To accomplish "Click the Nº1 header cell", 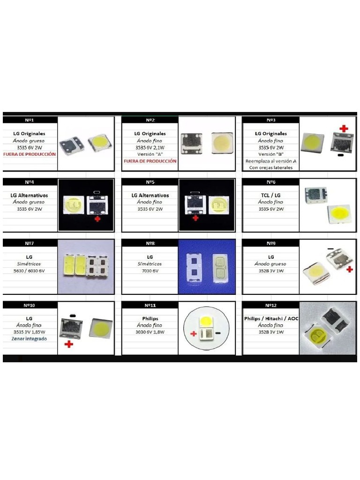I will point(30,120).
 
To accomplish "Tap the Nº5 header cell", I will point(150,182).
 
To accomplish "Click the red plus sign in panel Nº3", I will point(344,128).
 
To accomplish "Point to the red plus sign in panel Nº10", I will point(69,344).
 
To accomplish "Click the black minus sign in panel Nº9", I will point(330,249).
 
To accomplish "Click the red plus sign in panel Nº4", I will point(97,218).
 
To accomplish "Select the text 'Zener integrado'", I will point(30,338).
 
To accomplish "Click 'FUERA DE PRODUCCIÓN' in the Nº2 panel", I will point(150,161).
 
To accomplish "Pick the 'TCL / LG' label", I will point(270,195).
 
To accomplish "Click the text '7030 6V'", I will point(150,270).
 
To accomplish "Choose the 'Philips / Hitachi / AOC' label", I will point(271,318).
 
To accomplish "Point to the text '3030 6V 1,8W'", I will point(150,332).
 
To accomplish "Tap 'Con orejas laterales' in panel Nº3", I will point(270,167).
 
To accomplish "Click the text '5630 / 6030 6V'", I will point(30,270).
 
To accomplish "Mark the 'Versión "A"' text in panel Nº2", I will point(150,154).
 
